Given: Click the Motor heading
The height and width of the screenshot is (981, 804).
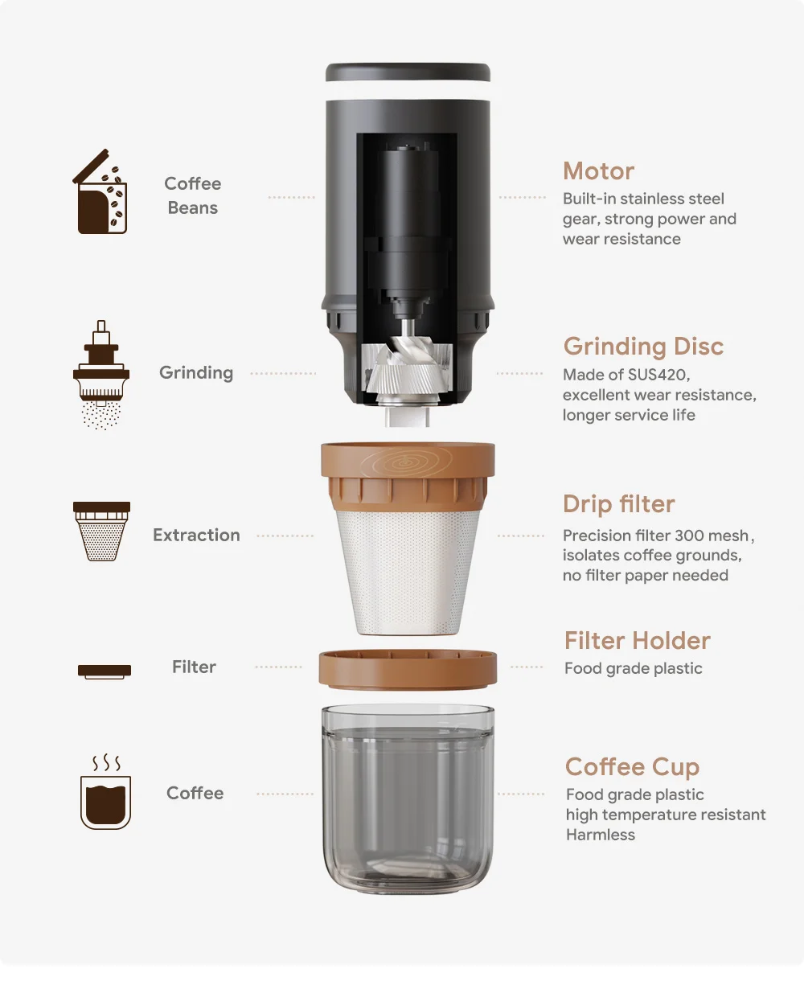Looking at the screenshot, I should coord(598,171).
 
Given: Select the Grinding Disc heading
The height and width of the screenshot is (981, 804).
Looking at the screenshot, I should coord(643,347).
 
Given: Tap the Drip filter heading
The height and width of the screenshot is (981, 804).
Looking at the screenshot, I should coord(618,504).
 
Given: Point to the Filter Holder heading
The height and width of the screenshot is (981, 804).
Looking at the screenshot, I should coord(637,641).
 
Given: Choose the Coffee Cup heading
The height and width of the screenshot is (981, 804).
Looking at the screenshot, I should coord(632,767).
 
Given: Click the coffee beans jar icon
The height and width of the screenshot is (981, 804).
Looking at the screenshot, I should coord(101,193).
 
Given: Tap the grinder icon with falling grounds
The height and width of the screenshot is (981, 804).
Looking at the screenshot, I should coord(101,375).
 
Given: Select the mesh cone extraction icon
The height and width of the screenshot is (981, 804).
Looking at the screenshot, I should coord(101,531).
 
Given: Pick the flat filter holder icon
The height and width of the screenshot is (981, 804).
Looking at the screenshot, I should coord(105,671).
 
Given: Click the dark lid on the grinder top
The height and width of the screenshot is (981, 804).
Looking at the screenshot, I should coord(408,72).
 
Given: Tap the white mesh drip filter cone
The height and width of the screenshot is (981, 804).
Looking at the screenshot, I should coord(408,571).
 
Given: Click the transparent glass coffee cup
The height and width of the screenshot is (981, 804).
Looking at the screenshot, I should coord(408,800).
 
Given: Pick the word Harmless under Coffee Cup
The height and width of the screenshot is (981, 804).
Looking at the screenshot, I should coord(600,835).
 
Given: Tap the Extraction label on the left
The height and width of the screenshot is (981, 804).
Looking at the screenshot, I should coord(196,536).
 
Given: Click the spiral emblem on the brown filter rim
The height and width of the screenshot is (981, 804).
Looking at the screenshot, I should coord(406,463).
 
